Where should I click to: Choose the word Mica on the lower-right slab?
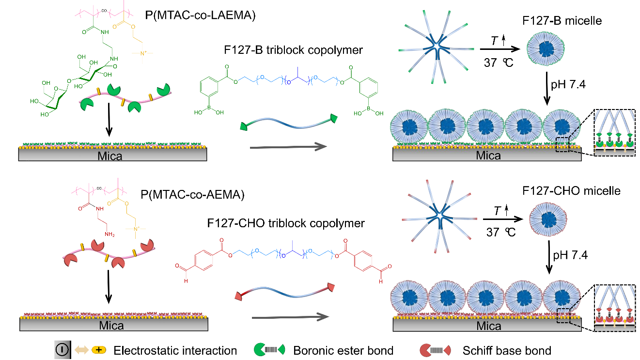(x=488, y=326)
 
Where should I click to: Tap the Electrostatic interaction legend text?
(x=175, y=350)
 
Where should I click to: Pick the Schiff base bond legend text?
(x=507, y=350)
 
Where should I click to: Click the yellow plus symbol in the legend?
(x=99, y=350)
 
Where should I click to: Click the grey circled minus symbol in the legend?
(x=62, y=350)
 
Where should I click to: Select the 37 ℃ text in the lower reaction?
(x=502, y=232)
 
